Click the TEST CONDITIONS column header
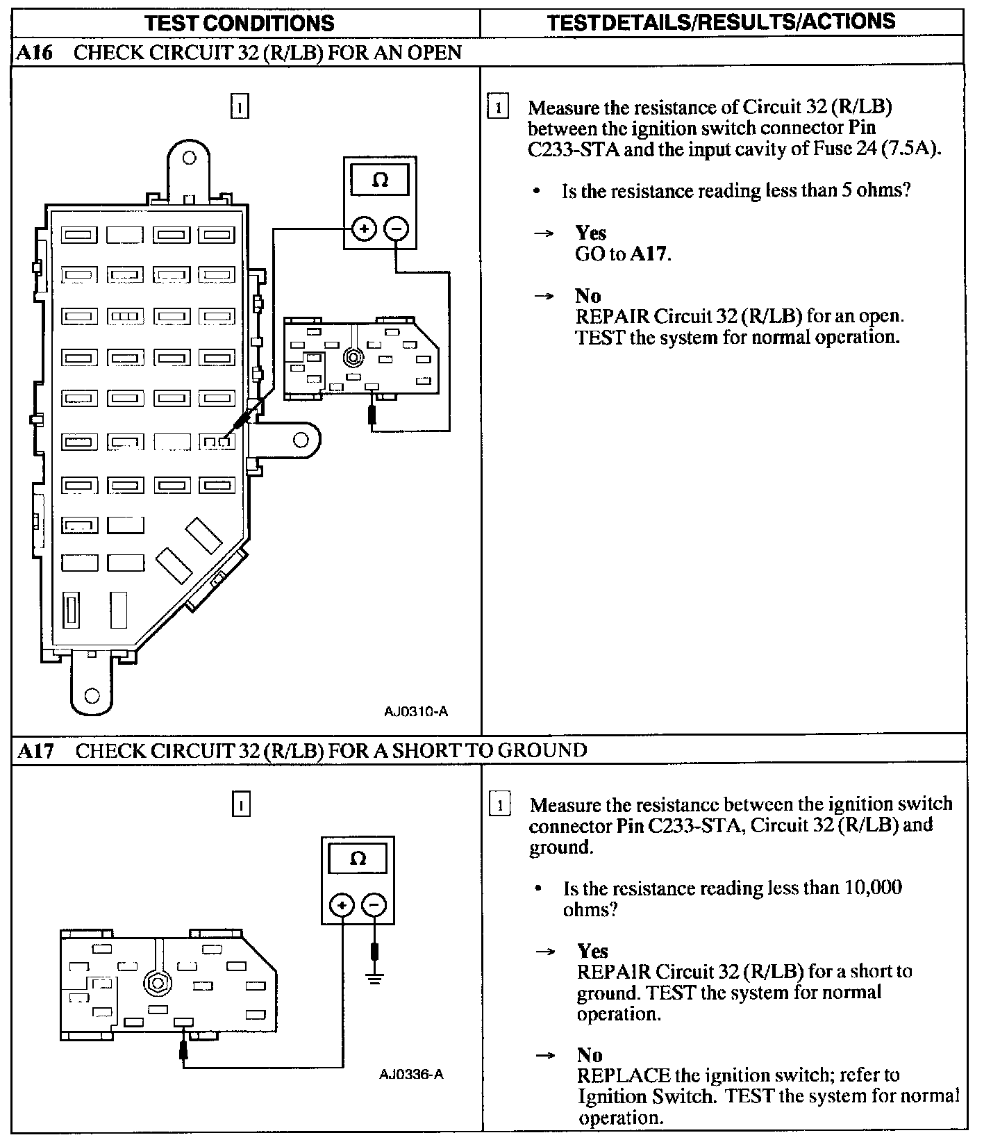(x=240, y=23)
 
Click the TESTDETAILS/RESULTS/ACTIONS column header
(x=721, y=22)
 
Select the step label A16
(x=34, y=53)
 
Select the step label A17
(x=35, y=750)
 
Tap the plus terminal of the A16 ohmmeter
(x=364, y=228)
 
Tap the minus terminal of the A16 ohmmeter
(x=397, y=228)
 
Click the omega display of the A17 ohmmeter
(x=358, y=859)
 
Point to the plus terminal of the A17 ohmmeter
(x=342, y=905)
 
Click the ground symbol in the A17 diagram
(x=375, y=979)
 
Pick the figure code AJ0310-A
(x=416, y=711)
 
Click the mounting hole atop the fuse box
(x=189, y=158)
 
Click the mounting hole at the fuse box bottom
(x=92, y=695)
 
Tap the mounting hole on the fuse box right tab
(x=301, y=440)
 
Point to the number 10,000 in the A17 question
(x=873, y=888)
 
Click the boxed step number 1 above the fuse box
(x=240, y=107)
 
